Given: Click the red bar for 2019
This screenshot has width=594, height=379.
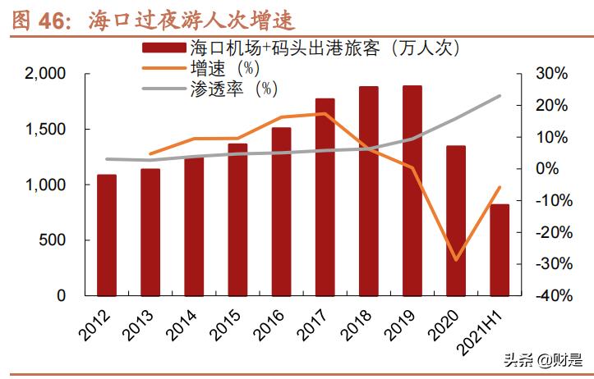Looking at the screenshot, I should (x=412, y=190).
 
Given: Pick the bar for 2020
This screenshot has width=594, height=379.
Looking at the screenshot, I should (x=456, y=220).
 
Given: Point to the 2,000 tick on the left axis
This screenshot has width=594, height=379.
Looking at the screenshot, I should (x=44, y=74).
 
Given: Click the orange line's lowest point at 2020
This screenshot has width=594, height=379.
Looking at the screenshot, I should (x=456, y=260).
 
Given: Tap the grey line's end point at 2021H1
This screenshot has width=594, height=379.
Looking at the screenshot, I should (x=500, y=96).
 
